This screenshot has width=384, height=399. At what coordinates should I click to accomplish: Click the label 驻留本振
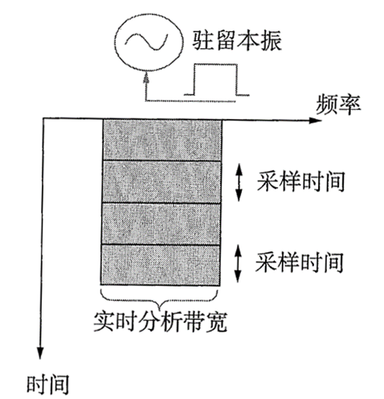point(237,42)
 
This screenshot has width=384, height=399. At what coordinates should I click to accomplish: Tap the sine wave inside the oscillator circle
point(147,42)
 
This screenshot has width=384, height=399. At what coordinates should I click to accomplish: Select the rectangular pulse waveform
point(216,79)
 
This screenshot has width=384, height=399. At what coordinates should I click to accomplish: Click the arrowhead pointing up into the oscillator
point(146,77)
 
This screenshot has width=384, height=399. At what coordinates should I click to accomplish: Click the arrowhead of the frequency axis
point(316,120)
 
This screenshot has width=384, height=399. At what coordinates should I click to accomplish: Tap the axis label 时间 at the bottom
point(48,385)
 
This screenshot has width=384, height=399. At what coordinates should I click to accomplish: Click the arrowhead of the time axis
point(40,352)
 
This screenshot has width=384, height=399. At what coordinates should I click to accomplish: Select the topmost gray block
point(162,140)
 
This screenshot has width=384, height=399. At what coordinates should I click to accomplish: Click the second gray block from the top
point(161,182)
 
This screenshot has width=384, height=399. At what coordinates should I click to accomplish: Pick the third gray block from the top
point(161,224)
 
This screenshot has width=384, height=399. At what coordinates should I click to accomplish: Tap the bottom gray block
point(161,265)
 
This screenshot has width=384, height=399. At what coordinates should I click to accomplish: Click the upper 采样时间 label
point(301,181)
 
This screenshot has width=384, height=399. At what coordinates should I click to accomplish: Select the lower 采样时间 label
point(300,263)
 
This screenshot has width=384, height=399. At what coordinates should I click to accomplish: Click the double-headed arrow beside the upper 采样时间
point(239,182)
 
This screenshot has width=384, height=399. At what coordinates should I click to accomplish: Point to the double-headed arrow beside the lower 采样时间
point(238,264)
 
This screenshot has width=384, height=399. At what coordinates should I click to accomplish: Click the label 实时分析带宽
point(161,321)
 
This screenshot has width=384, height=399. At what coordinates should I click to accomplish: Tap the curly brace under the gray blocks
point(159,299)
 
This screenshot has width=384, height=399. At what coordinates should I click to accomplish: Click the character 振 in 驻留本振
point(272,42)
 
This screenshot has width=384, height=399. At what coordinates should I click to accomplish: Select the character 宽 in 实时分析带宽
point(216,321)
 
